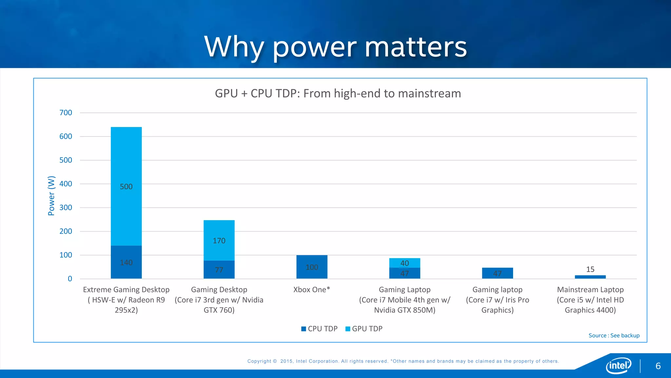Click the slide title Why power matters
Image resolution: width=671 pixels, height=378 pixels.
point(335,47)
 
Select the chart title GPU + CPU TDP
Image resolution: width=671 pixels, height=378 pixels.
point(338,94)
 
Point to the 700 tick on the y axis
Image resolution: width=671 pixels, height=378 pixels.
point(66,113)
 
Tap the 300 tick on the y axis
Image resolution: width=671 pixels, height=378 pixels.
point(66,208)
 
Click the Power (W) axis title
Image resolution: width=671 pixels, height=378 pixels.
point(51,196)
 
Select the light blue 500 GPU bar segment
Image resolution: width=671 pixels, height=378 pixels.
point(126,186)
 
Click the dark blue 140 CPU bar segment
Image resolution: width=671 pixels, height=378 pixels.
point(126,262)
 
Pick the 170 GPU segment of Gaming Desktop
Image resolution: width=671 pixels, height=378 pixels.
point(219,241)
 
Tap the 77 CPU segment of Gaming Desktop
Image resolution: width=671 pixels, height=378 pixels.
point(219,270)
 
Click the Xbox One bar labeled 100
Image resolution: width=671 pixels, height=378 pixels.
point(312,267)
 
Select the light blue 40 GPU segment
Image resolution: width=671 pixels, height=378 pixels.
point(405,263)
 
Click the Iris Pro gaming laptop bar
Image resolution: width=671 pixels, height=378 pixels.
point(497,273)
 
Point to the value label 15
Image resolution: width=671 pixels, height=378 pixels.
point(590,269)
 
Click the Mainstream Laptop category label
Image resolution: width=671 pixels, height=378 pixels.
point(590,300)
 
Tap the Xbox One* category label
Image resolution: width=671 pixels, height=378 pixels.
point(312,290)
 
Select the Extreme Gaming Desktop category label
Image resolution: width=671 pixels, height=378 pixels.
point(126,300)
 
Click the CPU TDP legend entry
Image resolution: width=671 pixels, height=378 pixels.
point(319,329)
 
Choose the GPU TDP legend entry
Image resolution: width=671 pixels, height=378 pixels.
point(364,329)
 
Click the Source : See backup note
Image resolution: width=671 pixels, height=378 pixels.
point(614,335)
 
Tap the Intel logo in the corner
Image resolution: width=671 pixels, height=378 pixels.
point(618,365)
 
